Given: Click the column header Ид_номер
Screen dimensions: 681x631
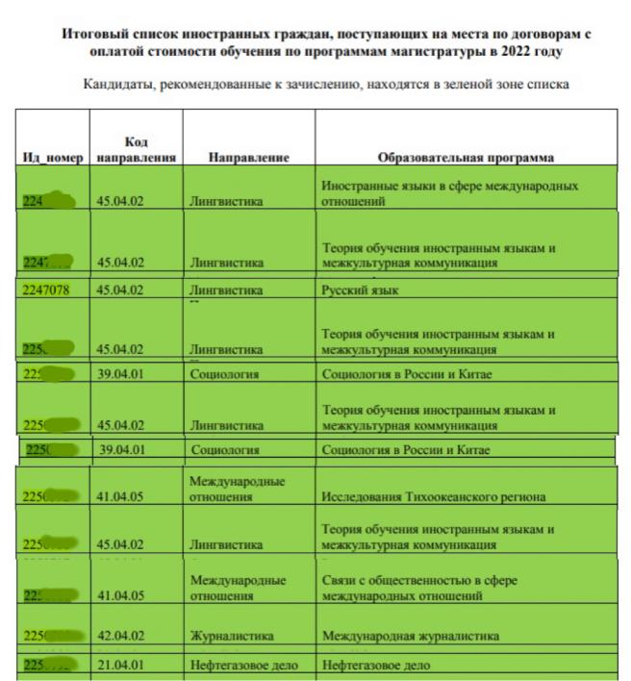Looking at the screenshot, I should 53,157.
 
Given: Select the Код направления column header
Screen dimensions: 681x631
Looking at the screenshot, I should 136,149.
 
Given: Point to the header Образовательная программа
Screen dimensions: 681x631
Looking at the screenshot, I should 466,157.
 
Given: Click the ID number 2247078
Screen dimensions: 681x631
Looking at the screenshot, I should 48,289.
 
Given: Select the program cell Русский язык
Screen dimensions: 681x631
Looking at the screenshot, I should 360,289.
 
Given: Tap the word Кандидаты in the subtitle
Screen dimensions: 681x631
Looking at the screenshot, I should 122,85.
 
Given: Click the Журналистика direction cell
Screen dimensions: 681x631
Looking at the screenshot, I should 231,636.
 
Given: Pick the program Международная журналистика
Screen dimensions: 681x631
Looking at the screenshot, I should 411,636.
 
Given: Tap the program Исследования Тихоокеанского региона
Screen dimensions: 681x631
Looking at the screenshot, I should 433,497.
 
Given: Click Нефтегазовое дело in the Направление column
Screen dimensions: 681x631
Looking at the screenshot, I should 244,665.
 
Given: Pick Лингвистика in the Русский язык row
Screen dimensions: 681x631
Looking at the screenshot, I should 226,289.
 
